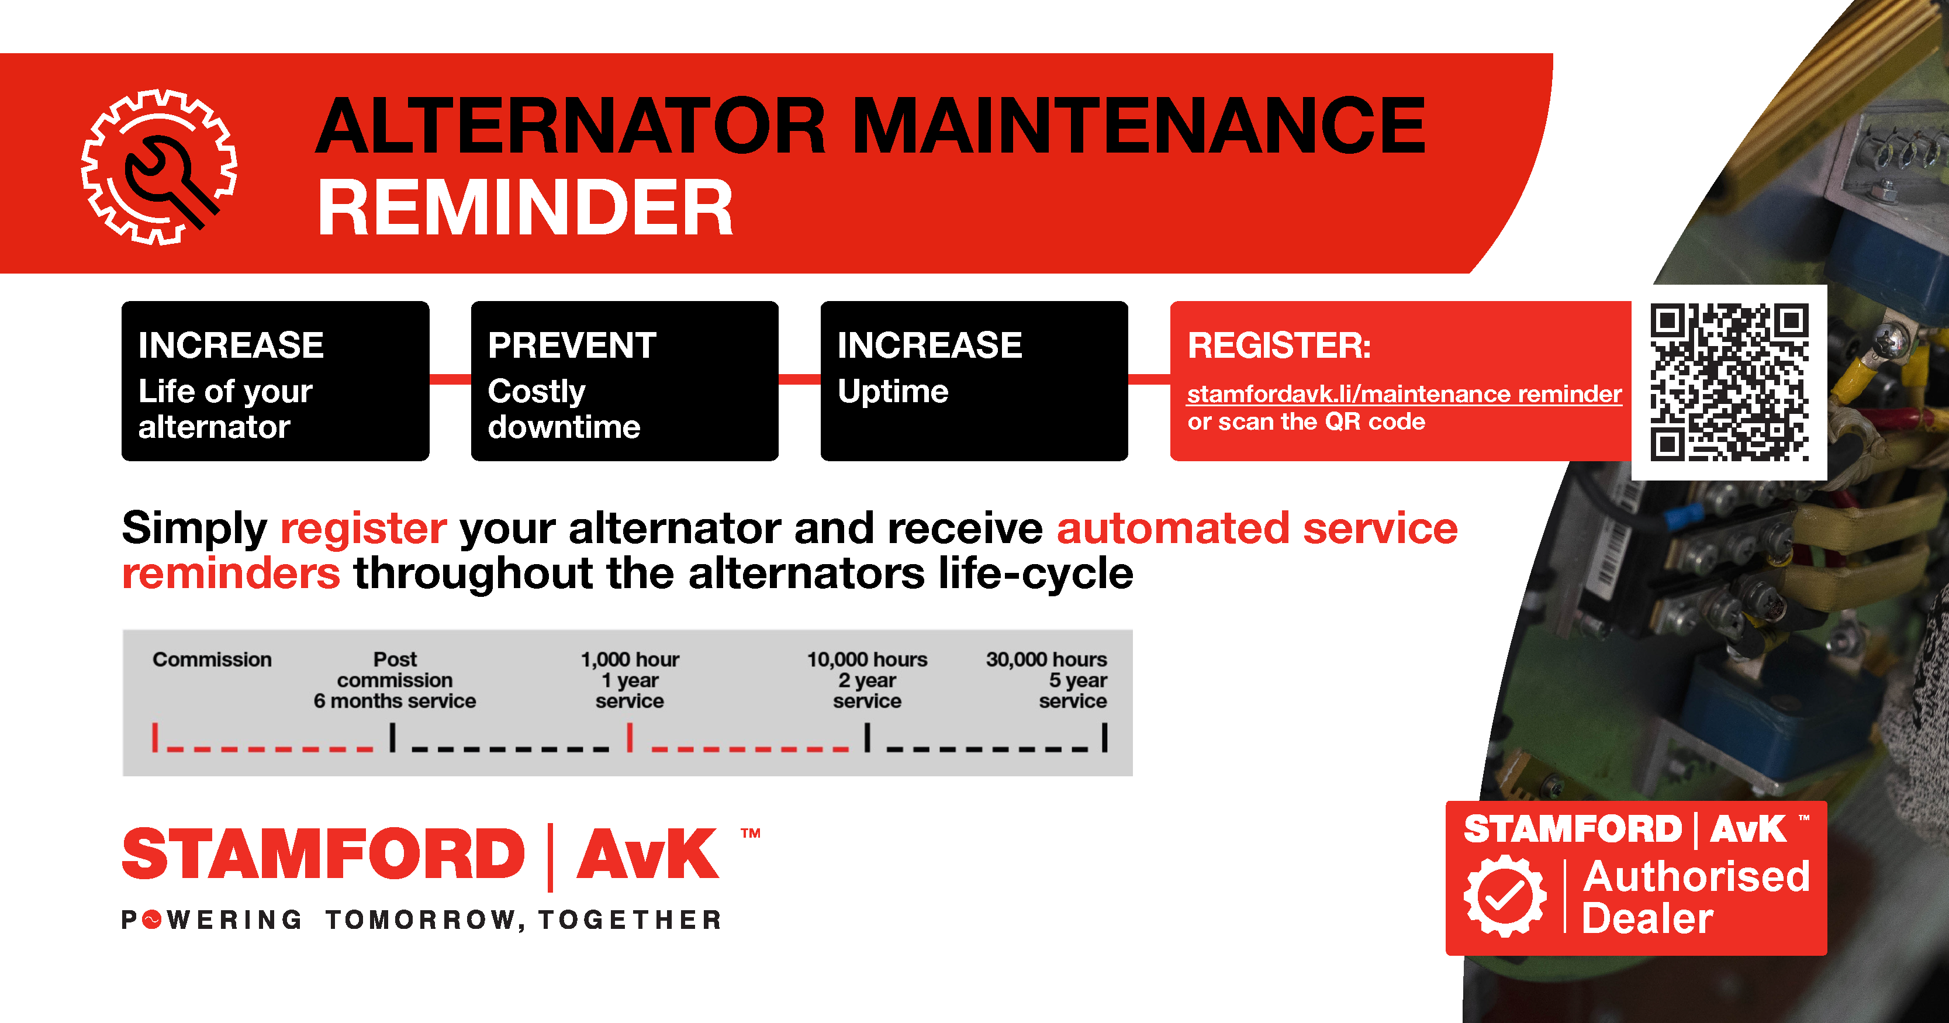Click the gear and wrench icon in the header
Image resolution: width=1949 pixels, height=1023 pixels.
159,167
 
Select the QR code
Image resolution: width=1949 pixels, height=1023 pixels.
1730,382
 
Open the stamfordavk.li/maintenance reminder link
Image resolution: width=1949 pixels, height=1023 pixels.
1404,393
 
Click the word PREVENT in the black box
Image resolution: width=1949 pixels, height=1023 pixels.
572,346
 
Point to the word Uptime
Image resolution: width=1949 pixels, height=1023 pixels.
893,391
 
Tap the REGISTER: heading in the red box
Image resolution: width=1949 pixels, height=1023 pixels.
1278,346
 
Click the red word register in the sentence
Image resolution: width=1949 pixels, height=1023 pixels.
363,529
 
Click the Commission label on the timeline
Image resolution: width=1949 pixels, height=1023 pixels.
212,660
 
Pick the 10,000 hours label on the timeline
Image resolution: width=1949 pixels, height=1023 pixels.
867,660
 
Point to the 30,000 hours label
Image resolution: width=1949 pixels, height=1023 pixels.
1046,660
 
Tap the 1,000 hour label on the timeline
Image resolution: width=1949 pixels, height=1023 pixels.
630,660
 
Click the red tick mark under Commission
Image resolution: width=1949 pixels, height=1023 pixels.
155,737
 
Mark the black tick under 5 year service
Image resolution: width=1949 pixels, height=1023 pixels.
1105,737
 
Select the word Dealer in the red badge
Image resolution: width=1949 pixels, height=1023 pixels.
1647,918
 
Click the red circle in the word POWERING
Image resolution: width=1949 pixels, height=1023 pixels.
152,920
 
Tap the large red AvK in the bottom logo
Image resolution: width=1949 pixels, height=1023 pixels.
648,854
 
